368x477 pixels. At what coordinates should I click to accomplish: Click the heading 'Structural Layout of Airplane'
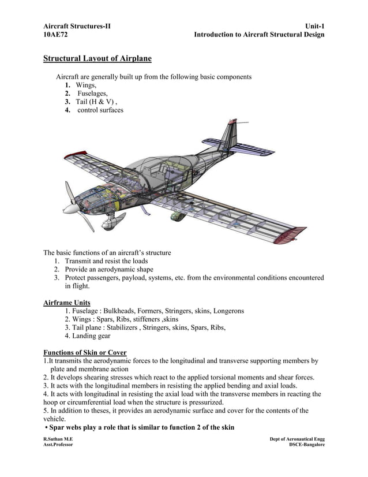point(97,58)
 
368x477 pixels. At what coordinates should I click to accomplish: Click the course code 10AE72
point(55,35)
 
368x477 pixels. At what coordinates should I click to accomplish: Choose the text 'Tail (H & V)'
point(96,102)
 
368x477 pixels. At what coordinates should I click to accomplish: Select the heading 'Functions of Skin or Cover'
point(85,353)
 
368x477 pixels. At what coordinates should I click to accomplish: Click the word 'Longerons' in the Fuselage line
point(228,311)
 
